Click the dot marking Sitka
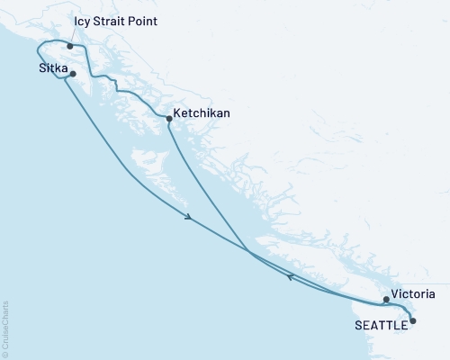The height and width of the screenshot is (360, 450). (73, 75)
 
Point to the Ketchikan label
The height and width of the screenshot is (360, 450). (202, 114)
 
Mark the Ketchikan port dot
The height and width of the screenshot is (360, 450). (169, 118)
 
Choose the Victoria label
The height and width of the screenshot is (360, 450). (414, 294)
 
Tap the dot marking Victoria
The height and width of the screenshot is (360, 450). (386, 300)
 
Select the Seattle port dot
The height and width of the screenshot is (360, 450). (413, 320)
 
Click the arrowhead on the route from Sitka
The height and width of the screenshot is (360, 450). (188, 217)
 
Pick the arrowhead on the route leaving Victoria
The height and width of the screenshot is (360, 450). (290, 277)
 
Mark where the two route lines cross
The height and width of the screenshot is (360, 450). (248, 251)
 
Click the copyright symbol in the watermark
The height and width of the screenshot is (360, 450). (5, 354)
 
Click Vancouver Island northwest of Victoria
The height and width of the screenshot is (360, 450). (315, 265)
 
